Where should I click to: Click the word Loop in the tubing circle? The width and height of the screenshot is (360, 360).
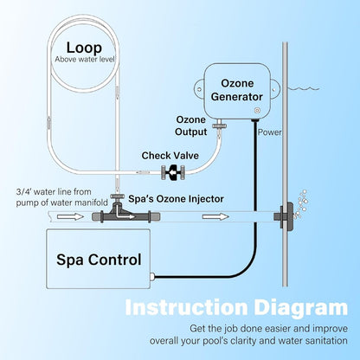click(84, 48)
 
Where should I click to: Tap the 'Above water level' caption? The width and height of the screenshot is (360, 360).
click(85, 60)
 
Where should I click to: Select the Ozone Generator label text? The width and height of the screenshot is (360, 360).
click(237, 90)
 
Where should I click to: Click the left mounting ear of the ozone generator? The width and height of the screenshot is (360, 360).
click(200, 88)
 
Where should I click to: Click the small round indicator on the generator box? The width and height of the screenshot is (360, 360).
click(257, 110)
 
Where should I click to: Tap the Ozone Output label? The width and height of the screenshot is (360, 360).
click(191, 125)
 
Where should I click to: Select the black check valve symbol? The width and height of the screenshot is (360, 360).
click(173, 172)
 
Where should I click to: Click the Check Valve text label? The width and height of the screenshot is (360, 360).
click(170, 156)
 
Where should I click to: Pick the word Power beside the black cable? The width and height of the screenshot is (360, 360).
click(269, 132)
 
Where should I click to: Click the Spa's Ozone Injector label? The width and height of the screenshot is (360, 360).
click(176, 199)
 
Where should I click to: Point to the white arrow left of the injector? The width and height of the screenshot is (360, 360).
click(70, 216)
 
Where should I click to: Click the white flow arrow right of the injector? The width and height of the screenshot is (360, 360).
click(215, 216)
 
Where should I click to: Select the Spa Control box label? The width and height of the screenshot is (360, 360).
click(99, 260)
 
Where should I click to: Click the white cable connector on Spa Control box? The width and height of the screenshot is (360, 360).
click(152, 277)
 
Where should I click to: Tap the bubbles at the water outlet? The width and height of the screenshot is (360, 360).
click(300, 204)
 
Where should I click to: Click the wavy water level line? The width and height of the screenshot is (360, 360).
click(304, 88)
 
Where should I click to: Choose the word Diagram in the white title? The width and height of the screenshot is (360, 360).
click(301, 308)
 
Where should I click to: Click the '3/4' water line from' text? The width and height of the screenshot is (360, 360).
click(54, 192)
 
